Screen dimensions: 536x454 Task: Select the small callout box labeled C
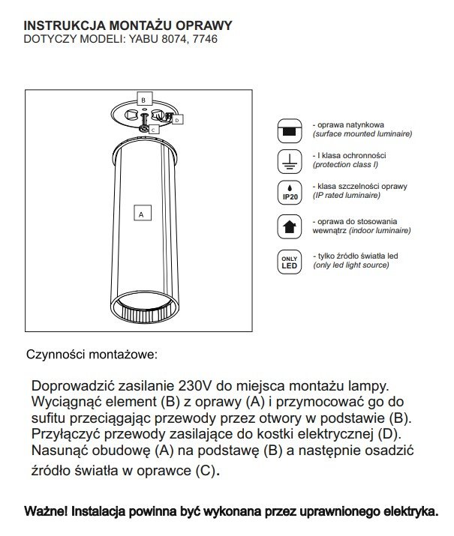coord(152,129)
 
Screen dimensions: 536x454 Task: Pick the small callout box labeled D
coord(178,118)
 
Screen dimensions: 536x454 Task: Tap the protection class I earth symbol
coord(288,160)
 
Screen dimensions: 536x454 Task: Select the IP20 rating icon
coord(288,191)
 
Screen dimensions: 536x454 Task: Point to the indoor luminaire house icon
coord(288,225)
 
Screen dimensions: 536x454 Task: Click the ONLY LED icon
coord(288,261)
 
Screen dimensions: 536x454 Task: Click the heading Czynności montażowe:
coord(92,352)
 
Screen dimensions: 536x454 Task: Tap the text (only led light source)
coord(353,265)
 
